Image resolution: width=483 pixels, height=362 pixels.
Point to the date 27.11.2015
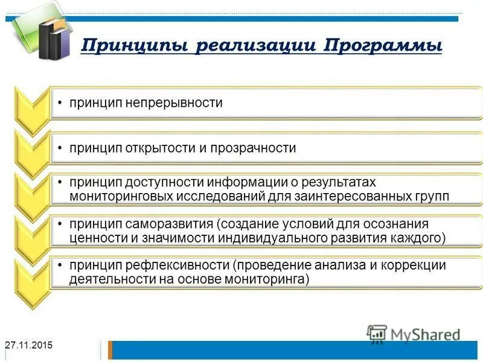point(28,345)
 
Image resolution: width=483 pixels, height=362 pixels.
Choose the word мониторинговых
point(121,196)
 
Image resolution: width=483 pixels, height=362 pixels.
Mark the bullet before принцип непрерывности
point(60,103)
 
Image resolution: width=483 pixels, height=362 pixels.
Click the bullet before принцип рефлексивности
point(60,265)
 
